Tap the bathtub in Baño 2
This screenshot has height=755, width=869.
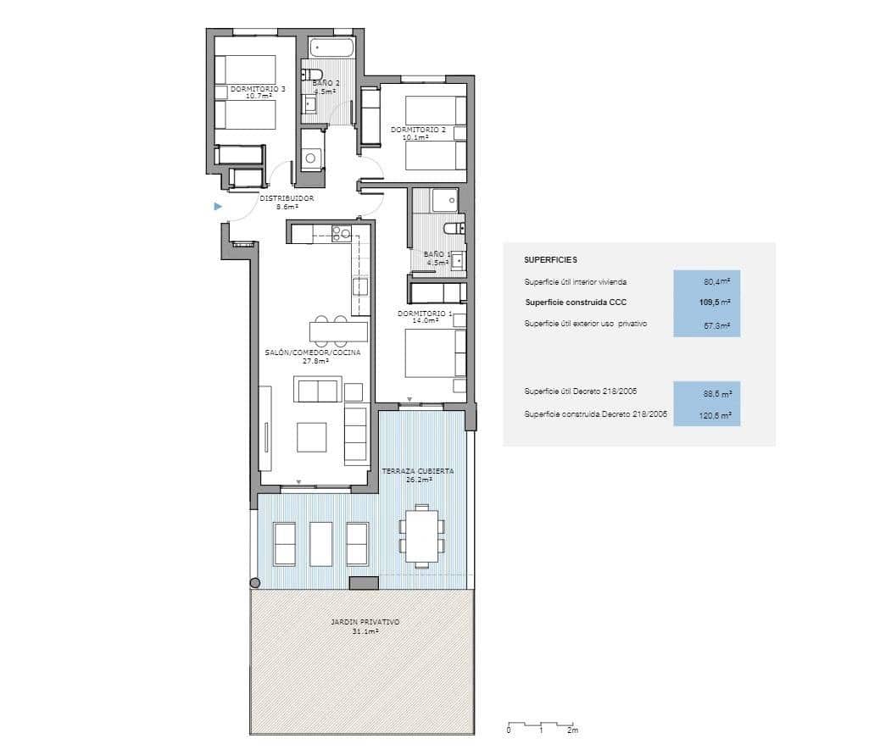click(x=332, y=48)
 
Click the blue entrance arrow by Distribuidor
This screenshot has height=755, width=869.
click(x=218, y=206)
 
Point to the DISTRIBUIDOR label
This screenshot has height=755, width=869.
click(x=287, y=202)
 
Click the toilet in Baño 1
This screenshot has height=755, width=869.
click(x=454, y=227)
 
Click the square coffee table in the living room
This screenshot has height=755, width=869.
click(x=310, y=437)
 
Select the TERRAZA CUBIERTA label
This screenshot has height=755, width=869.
click(x=418, y=475)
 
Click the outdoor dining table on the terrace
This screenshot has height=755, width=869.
click(x=421, y=536)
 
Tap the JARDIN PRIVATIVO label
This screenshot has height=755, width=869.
click(x=365, y=626)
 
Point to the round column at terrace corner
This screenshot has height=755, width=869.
click(x=254, y=582)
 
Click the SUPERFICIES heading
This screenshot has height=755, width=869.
click(x=550, y=260)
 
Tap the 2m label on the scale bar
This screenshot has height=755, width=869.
click(x=573, y=730)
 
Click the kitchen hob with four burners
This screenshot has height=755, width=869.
click(x=341, y=232)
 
